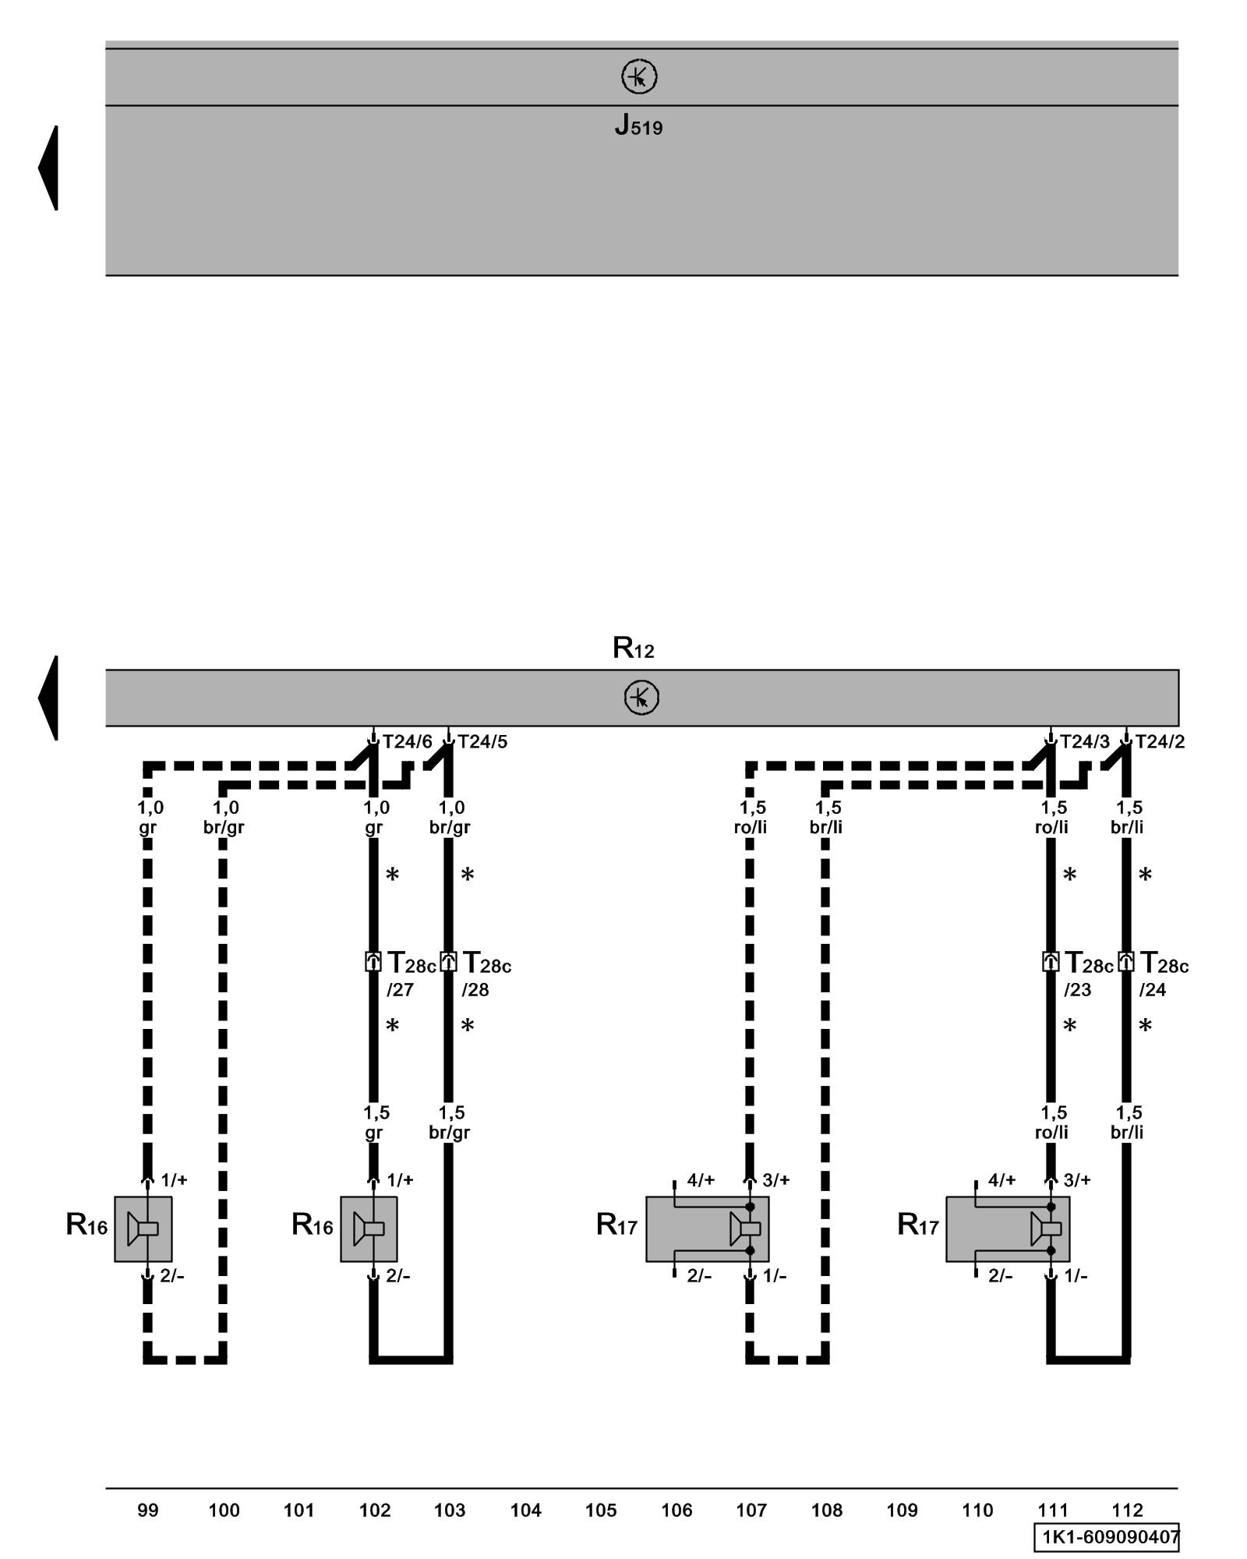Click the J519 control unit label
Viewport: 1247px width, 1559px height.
pyautogui.click(x=638, y=125)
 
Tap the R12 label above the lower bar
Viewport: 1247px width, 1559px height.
pyautogui.click(x=633, y=648)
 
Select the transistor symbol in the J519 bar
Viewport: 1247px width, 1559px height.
pyautogui.click(x=638, y=77)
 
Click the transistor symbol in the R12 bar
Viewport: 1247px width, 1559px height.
pyautogui.click(x=641, y=698)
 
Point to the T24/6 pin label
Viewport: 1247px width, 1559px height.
pyautogui.click(x=407, y=741)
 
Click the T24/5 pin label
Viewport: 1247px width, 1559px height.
pyautogui.click(x=482, y=741)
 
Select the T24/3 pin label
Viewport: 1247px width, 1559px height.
pyautogui.click(x=1084, y=741)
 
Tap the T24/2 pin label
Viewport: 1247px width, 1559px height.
pyautogui.click(x=1160, y=741)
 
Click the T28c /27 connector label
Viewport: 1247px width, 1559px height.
pyautogui.click(x=411, y=974)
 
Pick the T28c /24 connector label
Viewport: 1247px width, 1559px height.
pyautogui.click(x=1164, y=974)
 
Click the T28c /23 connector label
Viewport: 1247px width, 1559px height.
pyautogui.click(x=1089, y=974)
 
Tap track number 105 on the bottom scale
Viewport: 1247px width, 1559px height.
pyautogui.click(x=601, y=1511)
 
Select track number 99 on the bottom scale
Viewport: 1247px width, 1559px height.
pyautogui.click(x=147, y=1511)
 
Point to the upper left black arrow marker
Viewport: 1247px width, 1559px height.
pyautogui.click(x=48, y=168)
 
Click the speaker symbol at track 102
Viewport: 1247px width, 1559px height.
pyautogui.click(x=369, y=1229)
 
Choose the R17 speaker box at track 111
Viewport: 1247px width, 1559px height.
pyautogui.click(x=1007, y=1229)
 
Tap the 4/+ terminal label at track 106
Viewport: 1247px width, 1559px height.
pyautogui.click(x=701, y=1180)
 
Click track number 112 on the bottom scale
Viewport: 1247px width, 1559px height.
pyautogui.click(x=1127, y=1511)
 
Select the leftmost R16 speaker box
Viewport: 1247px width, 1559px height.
pyautogui.click(x=143, y=1229)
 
